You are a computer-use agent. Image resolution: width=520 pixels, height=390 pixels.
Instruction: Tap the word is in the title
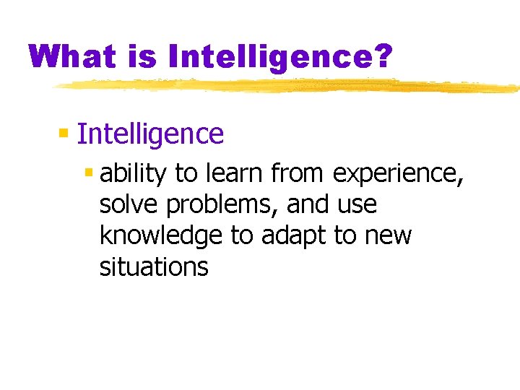point(139,56)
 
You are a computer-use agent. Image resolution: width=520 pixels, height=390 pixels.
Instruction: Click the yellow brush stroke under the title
point(289,86)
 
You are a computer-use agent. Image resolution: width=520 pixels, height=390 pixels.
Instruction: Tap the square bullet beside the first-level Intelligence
point(64,133)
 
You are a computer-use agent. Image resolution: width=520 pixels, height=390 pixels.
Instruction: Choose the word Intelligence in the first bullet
point(150,134)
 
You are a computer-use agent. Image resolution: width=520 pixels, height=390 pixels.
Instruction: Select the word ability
point(134,175)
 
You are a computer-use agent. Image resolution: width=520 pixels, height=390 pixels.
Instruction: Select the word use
point(357,206)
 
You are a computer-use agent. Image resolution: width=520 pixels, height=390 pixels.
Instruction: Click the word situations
point(154,267)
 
